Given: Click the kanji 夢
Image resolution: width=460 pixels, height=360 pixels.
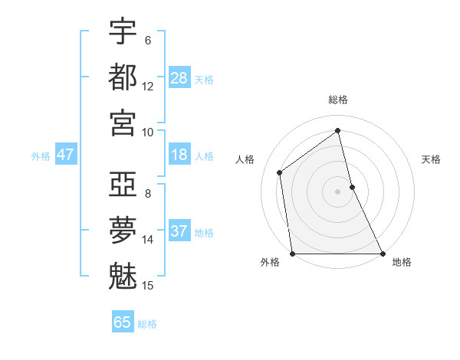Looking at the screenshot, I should [x=123, y=229].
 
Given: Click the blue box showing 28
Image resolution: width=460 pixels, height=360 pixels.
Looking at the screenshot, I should [x=179, y=78].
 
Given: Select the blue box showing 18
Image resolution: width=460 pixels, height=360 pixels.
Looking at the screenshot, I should [x=179, y=155].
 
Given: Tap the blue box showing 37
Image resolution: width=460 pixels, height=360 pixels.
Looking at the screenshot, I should [x=179, y=231].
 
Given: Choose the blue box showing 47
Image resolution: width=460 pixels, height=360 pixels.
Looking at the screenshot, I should [x=66, y=155].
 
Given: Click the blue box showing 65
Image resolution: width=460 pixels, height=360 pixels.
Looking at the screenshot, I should [x=123, y=322].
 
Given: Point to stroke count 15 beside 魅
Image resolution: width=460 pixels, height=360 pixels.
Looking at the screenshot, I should [x=148, y=286].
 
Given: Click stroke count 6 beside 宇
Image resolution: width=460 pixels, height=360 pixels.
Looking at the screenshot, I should [x=148, y=40].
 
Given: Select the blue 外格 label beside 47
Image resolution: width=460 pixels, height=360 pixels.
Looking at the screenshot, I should [x=41, y=156].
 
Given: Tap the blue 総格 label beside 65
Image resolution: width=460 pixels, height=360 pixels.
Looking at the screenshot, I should [x=147, y=324].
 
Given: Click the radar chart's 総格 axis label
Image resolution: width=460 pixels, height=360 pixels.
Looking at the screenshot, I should [x=338, y=100].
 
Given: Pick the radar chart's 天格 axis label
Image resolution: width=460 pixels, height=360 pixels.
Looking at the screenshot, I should [x=432, y=159].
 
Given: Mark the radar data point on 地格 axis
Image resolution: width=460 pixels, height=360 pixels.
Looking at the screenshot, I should [x=382, y=254].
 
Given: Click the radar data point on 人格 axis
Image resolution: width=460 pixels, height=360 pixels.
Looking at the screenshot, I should [x=280, y=172].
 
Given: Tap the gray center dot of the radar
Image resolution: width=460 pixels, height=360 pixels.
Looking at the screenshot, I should [x=338, y=191].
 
